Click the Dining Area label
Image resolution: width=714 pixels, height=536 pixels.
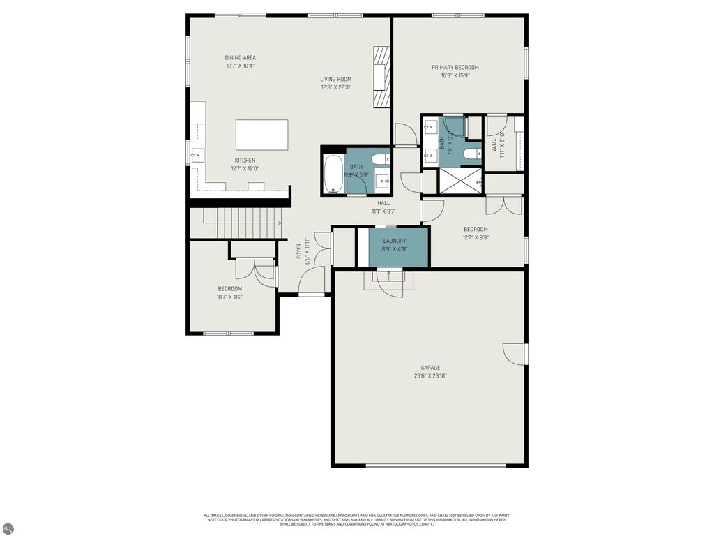[x=240, y=58]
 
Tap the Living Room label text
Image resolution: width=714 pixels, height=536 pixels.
[x=335, y=80]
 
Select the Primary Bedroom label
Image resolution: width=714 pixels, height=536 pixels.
[x=455, y=68]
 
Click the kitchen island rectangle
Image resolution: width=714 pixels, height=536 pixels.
[x=261, y=135]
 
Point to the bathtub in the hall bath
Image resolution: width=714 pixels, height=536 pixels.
[x=333, y=174]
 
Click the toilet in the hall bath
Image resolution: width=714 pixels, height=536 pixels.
[x=380, y=160]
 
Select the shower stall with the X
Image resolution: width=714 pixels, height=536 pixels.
[x=459, y=180]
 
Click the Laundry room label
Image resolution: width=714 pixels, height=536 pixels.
[x=394, y=241]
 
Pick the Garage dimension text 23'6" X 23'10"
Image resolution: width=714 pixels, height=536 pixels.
[x=430, y=376]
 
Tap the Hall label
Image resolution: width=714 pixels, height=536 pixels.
[x=383, y=203]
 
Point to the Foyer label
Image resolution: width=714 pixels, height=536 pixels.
[x=299, y=251]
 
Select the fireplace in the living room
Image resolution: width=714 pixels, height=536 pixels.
[x=381, y=77]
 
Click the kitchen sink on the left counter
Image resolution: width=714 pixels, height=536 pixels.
[x=197, y=154]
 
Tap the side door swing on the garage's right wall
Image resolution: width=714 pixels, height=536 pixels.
[x=515, y=354]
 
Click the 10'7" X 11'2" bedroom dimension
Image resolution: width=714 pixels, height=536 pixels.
[x=229, y=297]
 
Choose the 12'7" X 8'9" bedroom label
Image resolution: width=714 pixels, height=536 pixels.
[x=476, y=230]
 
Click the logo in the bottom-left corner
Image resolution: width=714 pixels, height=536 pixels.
[x=8, y=528]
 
